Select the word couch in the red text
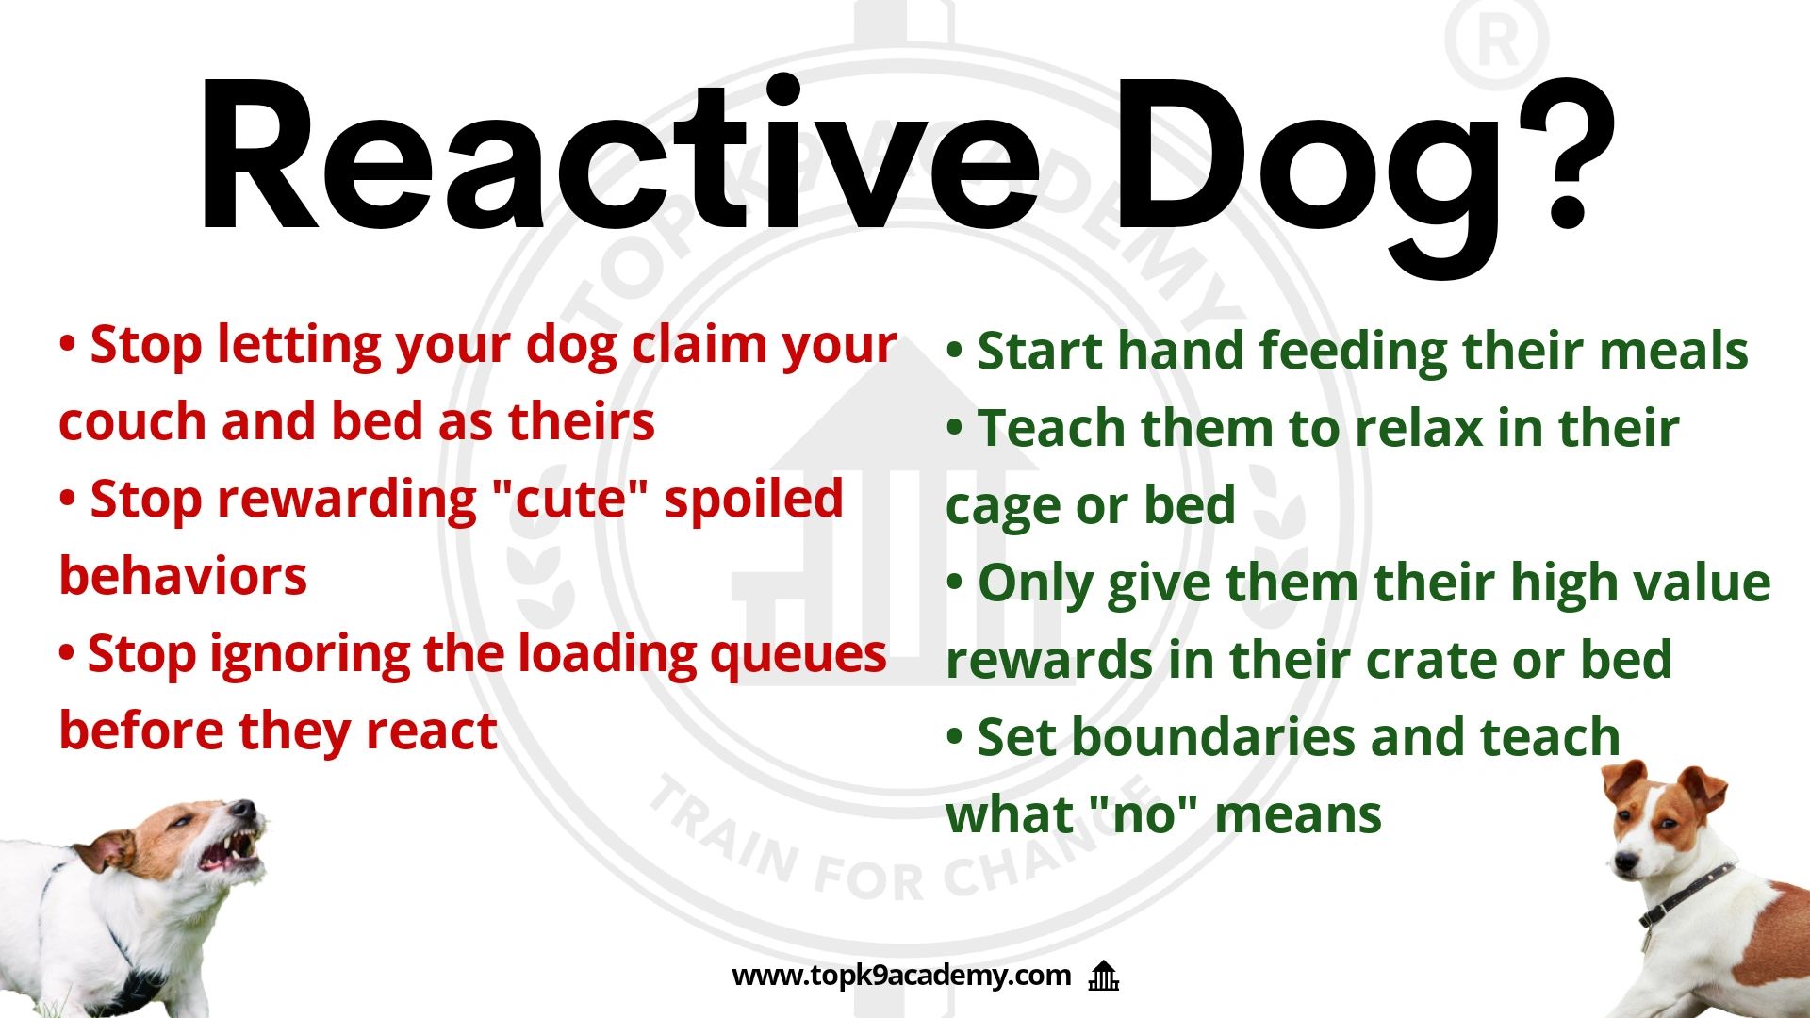[x=132, y=422]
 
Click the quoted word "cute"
[x=571, y=500]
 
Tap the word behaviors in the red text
[x=183, y=577]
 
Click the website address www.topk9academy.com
[x=901, y=975]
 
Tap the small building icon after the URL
[x=1103, y=976]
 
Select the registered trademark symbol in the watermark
[x=1497, y=42]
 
